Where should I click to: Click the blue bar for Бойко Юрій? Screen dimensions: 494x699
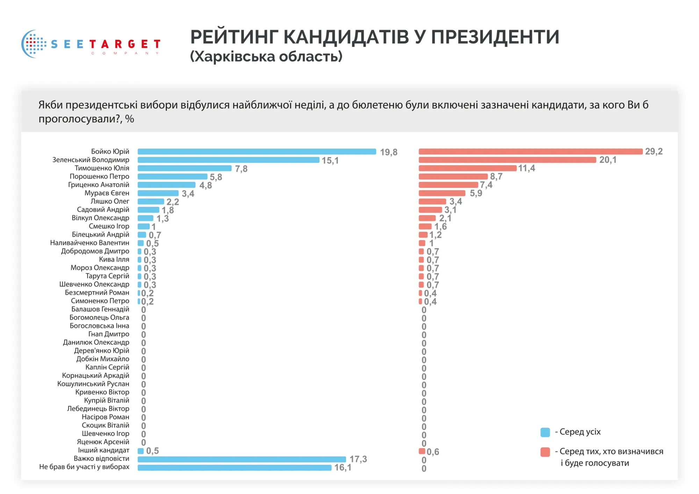[x=257, y=152]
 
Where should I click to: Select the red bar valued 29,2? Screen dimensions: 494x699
[x=531, y=151]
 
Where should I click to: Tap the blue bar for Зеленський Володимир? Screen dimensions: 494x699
[x=228, y=160]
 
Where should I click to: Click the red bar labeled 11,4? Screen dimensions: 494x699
[x=467, y=168]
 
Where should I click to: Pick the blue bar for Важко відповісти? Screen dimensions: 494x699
[x=242, y=459]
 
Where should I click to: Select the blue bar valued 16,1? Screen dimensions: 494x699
[x=234, y=467]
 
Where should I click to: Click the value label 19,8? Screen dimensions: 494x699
[x=389, y=152]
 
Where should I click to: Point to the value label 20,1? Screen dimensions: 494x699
[x=608, y=160]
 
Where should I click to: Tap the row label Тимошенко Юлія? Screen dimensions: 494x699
[x=102, y=168]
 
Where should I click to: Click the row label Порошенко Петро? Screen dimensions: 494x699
[x=99, y=176]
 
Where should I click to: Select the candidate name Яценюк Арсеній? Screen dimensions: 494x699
[x=103, y=442]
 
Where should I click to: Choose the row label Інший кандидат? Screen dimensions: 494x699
[x=103, y=450]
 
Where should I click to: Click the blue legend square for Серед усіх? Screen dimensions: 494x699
[x=545, y=432]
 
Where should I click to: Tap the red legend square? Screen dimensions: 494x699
[x=545, y=452]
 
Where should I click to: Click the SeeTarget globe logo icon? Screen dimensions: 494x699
[x=34, y=44]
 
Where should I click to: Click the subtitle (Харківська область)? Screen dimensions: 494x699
[x=266, y=57]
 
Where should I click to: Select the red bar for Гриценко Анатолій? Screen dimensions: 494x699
[x=448, y=185]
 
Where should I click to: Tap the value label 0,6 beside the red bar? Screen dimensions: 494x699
[x=433, y=452]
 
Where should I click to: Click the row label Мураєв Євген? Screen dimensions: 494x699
[x=107, y=193]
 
